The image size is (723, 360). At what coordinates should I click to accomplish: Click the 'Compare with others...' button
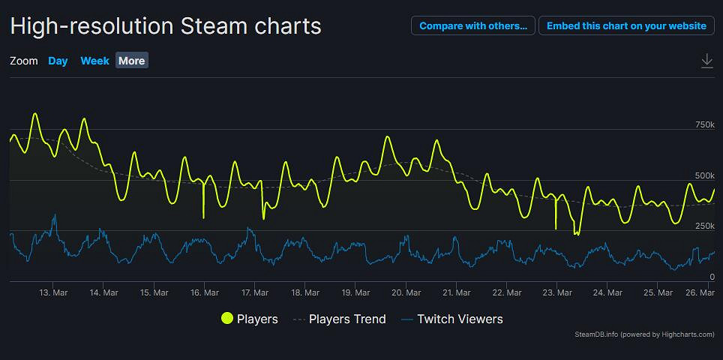(x=472, y=25)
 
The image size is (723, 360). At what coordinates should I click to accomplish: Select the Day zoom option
(x=58, y=61)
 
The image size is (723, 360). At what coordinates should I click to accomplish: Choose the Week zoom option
(x=94, y=61)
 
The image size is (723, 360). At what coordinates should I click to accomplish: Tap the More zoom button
(x=131, y=61)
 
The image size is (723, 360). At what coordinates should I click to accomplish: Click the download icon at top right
(x=706, y=61)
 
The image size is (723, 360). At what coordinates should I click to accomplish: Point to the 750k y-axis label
(x=705, y=124)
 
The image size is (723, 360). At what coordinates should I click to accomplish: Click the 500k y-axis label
(x=705, y=175)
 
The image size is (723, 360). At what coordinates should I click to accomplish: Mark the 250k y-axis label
(x=705, y=226)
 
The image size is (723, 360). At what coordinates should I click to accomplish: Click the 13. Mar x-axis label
(x=54, y=292)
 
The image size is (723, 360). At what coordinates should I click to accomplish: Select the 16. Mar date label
(x=205, y=292)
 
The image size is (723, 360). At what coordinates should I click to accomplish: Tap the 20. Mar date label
(x=406, y=292)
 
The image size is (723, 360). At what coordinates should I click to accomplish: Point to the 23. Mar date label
(x=556, y=292)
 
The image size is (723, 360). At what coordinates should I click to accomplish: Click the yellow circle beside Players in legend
(x=227, y=319)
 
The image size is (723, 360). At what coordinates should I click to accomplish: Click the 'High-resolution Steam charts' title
(x=166, y=26)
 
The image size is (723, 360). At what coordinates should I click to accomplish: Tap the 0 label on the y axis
(x=712, y=277)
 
